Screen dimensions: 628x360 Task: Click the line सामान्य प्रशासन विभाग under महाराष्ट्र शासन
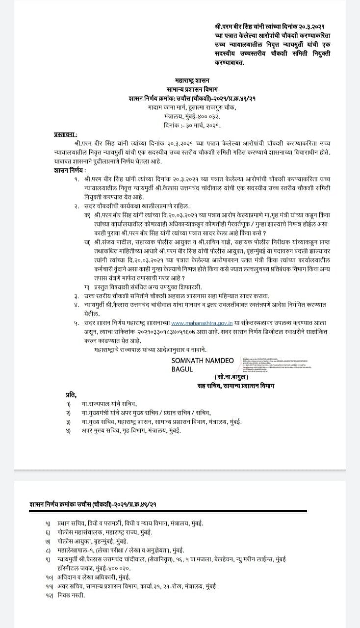pos(191,89)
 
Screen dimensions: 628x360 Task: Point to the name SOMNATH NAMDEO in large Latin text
pos(202,361)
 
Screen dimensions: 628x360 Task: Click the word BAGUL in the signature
pos(182,369)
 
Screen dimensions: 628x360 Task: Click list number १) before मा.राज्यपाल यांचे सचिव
pos(69,403)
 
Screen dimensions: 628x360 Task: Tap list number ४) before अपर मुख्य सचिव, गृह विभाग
pos(69,431)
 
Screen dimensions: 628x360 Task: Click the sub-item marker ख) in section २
pos(87,241)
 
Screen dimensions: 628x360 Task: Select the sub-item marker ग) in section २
pos(87,287)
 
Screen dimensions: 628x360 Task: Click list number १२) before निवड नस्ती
pos(49,595)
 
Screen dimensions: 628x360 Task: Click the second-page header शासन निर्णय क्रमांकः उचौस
pos(93,504)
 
